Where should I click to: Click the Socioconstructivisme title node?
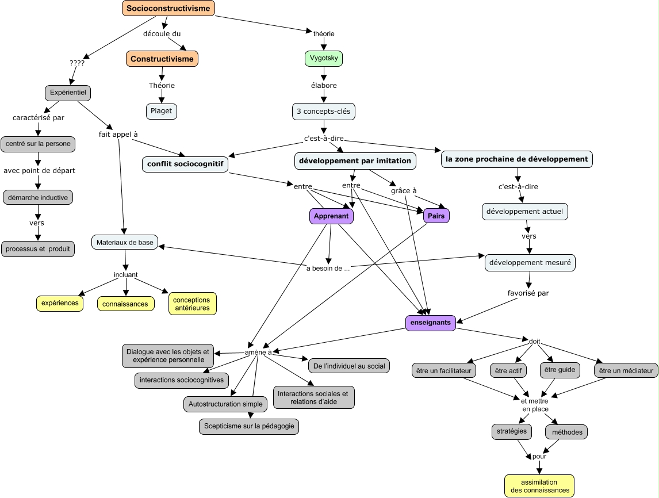click(x=168, y=8)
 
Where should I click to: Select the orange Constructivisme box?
click(x=162, y=59)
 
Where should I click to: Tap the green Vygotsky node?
click(x=324, y=59)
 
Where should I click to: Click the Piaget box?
click(x=162, y=111)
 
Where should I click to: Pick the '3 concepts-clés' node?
click(x=323, y=111)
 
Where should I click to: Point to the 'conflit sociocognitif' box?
click(x=185, y=164)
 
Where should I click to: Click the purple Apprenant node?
click(x=331, y=216)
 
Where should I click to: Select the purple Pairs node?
click(x=436, y=216)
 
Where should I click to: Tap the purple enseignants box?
click(x=431, y=323)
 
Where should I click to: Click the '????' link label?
click(x=76, y=63)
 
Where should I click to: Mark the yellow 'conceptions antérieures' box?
click(x=192, y=304)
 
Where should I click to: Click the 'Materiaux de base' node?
click(x=125, y=243)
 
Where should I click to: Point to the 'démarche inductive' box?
click(x=38, y=197)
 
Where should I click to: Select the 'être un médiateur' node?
click(x=626, y=370)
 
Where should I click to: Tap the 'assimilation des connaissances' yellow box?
click(x=539, y=486)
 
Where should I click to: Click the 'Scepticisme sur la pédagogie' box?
click(x=249, y=426)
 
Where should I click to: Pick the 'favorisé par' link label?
click(x=528, y=293)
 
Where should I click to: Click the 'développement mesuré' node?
click(x=530, y=263)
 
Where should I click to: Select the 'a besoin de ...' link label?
click(x=328, y=267)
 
